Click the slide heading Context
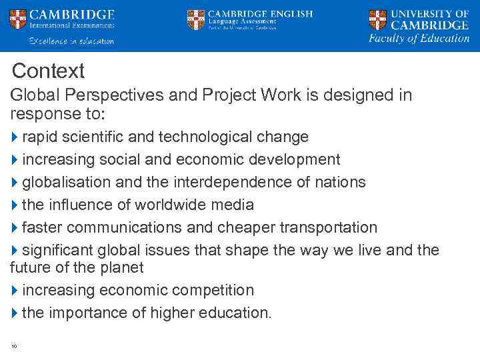(48, 71)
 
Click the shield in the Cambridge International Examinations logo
(18, 19)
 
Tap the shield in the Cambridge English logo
(195, 19)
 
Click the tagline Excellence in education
(71, 41)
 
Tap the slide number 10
(14, 345)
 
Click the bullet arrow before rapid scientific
(15, 137)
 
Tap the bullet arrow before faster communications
(15, 228)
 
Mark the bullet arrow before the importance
(15, 313)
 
